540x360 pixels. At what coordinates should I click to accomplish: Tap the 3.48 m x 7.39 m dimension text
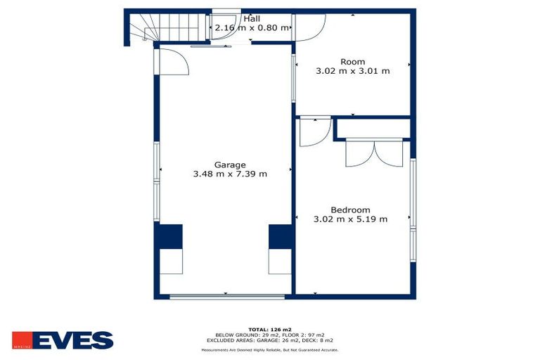point(229,173)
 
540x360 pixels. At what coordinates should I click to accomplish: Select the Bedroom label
point(350,210)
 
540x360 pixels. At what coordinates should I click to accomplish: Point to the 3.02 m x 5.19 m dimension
point(350,219)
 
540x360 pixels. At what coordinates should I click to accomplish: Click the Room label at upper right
point(352,62)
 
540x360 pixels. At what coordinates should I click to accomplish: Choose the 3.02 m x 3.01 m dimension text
point(352,70)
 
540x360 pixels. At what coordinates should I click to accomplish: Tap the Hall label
point(252,19)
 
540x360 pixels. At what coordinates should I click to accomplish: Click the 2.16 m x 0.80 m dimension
point(252,27)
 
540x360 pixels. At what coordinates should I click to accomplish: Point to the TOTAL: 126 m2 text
point(270,329)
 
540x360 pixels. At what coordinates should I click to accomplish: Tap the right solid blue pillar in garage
point(279,236)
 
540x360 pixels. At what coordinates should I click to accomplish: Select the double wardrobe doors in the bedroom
point(374,153)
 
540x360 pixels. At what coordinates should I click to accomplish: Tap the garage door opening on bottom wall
point(227,297)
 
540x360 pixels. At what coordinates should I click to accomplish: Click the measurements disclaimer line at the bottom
point(270,349)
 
